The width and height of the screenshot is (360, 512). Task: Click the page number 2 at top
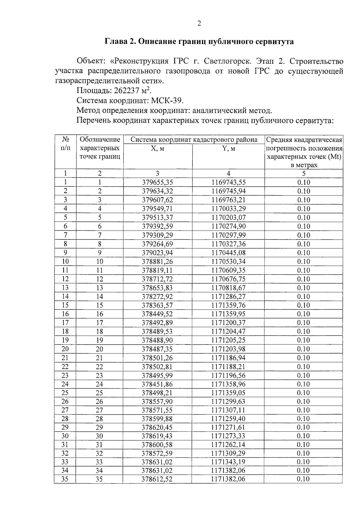[x=199, y=24]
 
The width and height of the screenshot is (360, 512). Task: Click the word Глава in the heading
[x=115, y=41]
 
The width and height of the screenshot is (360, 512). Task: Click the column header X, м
[x=157, y=148]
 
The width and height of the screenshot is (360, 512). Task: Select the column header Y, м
[x=228, y=148]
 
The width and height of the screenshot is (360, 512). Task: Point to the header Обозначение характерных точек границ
[x=100, y=148]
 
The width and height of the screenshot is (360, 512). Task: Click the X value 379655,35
[x=157, y=182]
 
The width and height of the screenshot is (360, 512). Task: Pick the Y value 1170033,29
[x=228, y=209]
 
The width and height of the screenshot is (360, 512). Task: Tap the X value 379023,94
[x=157, y=253]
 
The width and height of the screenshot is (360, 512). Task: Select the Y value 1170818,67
[x=228, y=288]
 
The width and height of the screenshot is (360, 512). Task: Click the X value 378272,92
[x=157, y=296]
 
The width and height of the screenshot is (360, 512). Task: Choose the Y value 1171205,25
[x=228, y=340]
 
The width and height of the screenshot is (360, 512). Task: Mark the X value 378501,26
[x=157, y=358]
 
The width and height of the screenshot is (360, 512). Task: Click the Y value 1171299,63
[x=228, y=401]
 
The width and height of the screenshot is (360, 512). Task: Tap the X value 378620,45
[x=157, y=427]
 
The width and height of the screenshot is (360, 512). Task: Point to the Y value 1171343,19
[x=228, y=462]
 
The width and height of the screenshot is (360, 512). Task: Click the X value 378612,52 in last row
[x=157, y=479]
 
